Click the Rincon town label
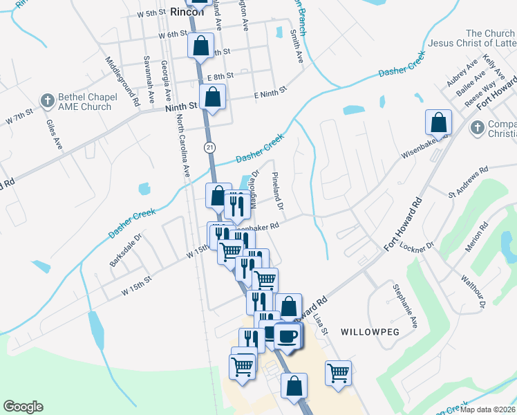(x=187, y=11)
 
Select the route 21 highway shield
(x=210, y=147)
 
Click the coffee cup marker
(x=288, y=337)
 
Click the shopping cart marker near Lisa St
(x=338, y=373)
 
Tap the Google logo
(x=23, y=407)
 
